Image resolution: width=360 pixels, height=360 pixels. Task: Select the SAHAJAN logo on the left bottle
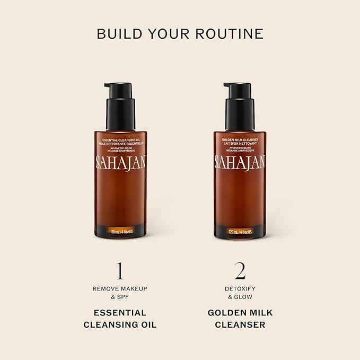pos(120,162)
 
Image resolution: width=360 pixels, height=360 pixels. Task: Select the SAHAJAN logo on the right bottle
pos(240,162)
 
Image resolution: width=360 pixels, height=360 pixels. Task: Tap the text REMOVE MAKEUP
pos(120,288)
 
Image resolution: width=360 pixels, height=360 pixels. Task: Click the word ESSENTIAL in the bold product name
pos(120,312)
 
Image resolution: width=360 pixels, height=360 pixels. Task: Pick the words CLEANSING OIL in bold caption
pos(120,324)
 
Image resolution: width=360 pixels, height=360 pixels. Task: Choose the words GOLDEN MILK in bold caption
pos(240,312)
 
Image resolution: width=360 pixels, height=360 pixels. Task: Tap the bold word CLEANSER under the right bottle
pos(240,324)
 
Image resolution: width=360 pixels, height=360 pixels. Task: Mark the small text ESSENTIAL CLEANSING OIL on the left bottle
pos(120,139)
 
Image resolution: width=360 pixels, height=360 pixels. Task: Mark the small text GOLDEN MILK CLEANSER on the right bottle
pos(240,139)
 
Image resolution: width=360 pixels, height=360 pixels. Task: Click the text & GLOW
pos(240,297)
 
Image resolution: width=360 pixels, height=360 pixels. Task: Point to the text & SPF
pos(120,297)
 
